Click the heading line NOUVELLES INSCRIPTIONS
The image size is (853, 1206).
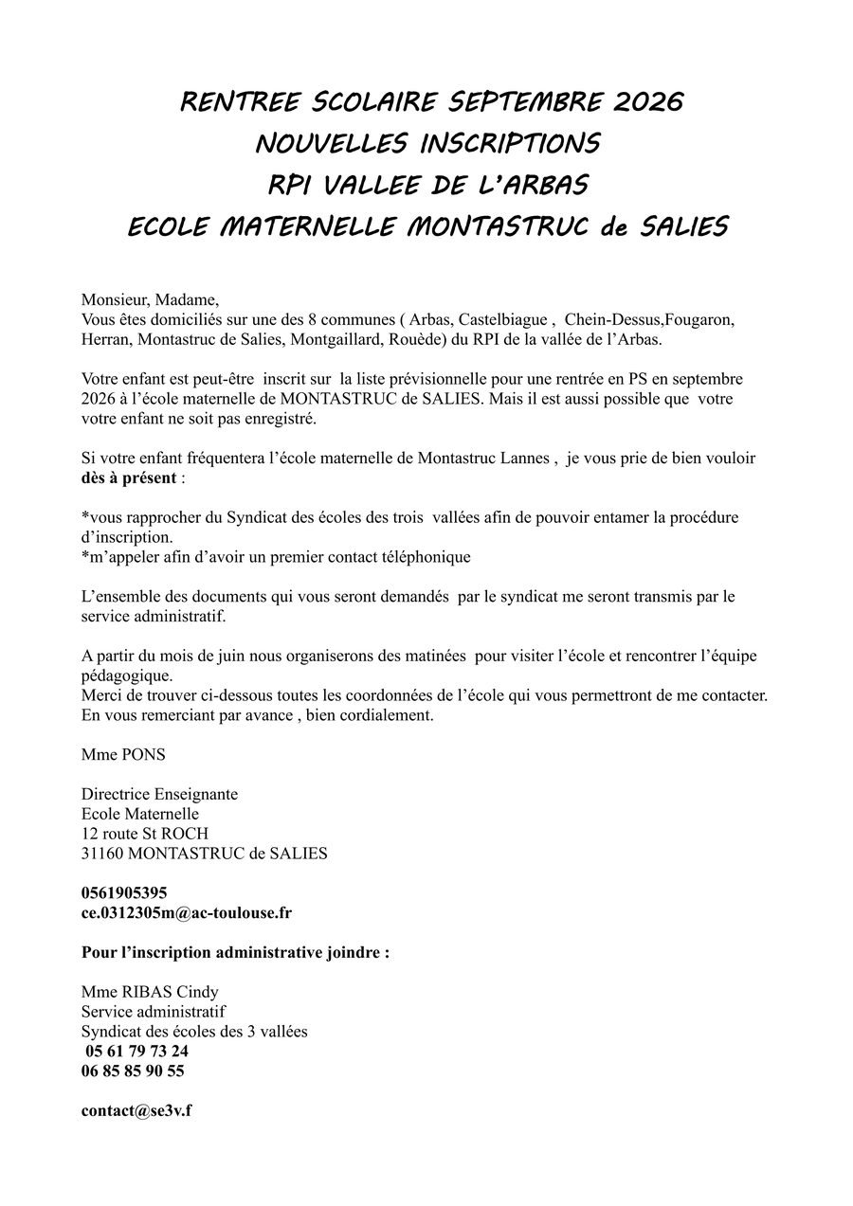(x=427, y=143)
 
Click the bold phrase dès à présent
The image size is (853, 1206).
(x=129, y=477)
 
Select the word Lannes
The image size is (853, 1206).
(x=520, y=459)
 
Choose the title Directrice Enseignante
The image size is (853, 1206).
(x=160, y=794)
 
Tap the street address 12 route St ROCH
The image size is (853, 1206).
(x=145, y=834)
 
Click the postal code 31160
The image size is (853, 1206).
(x=102, y=854)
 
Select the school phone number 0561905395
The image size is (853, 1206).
(x=125, y=892)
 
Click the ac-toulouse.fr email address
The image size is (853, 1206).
(x=187, y=912)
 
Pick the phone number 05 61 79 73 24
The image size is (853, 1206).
(x=136, y=1051)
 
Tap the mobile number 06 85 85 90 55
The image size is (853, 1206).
(x=134, y=1071)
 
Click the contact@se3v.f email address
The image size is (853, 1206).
(x=136, y=1110)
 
